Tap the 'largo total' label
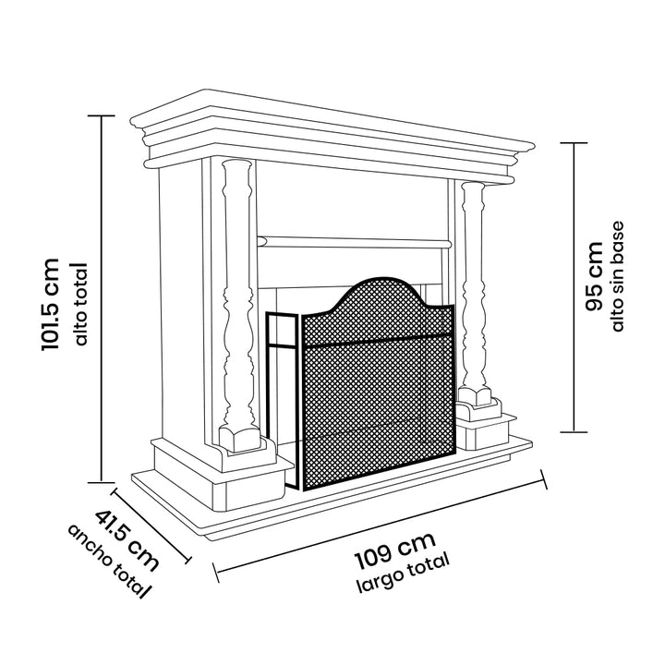pos(405,574)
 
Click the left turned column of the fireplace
pos(238,296)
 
